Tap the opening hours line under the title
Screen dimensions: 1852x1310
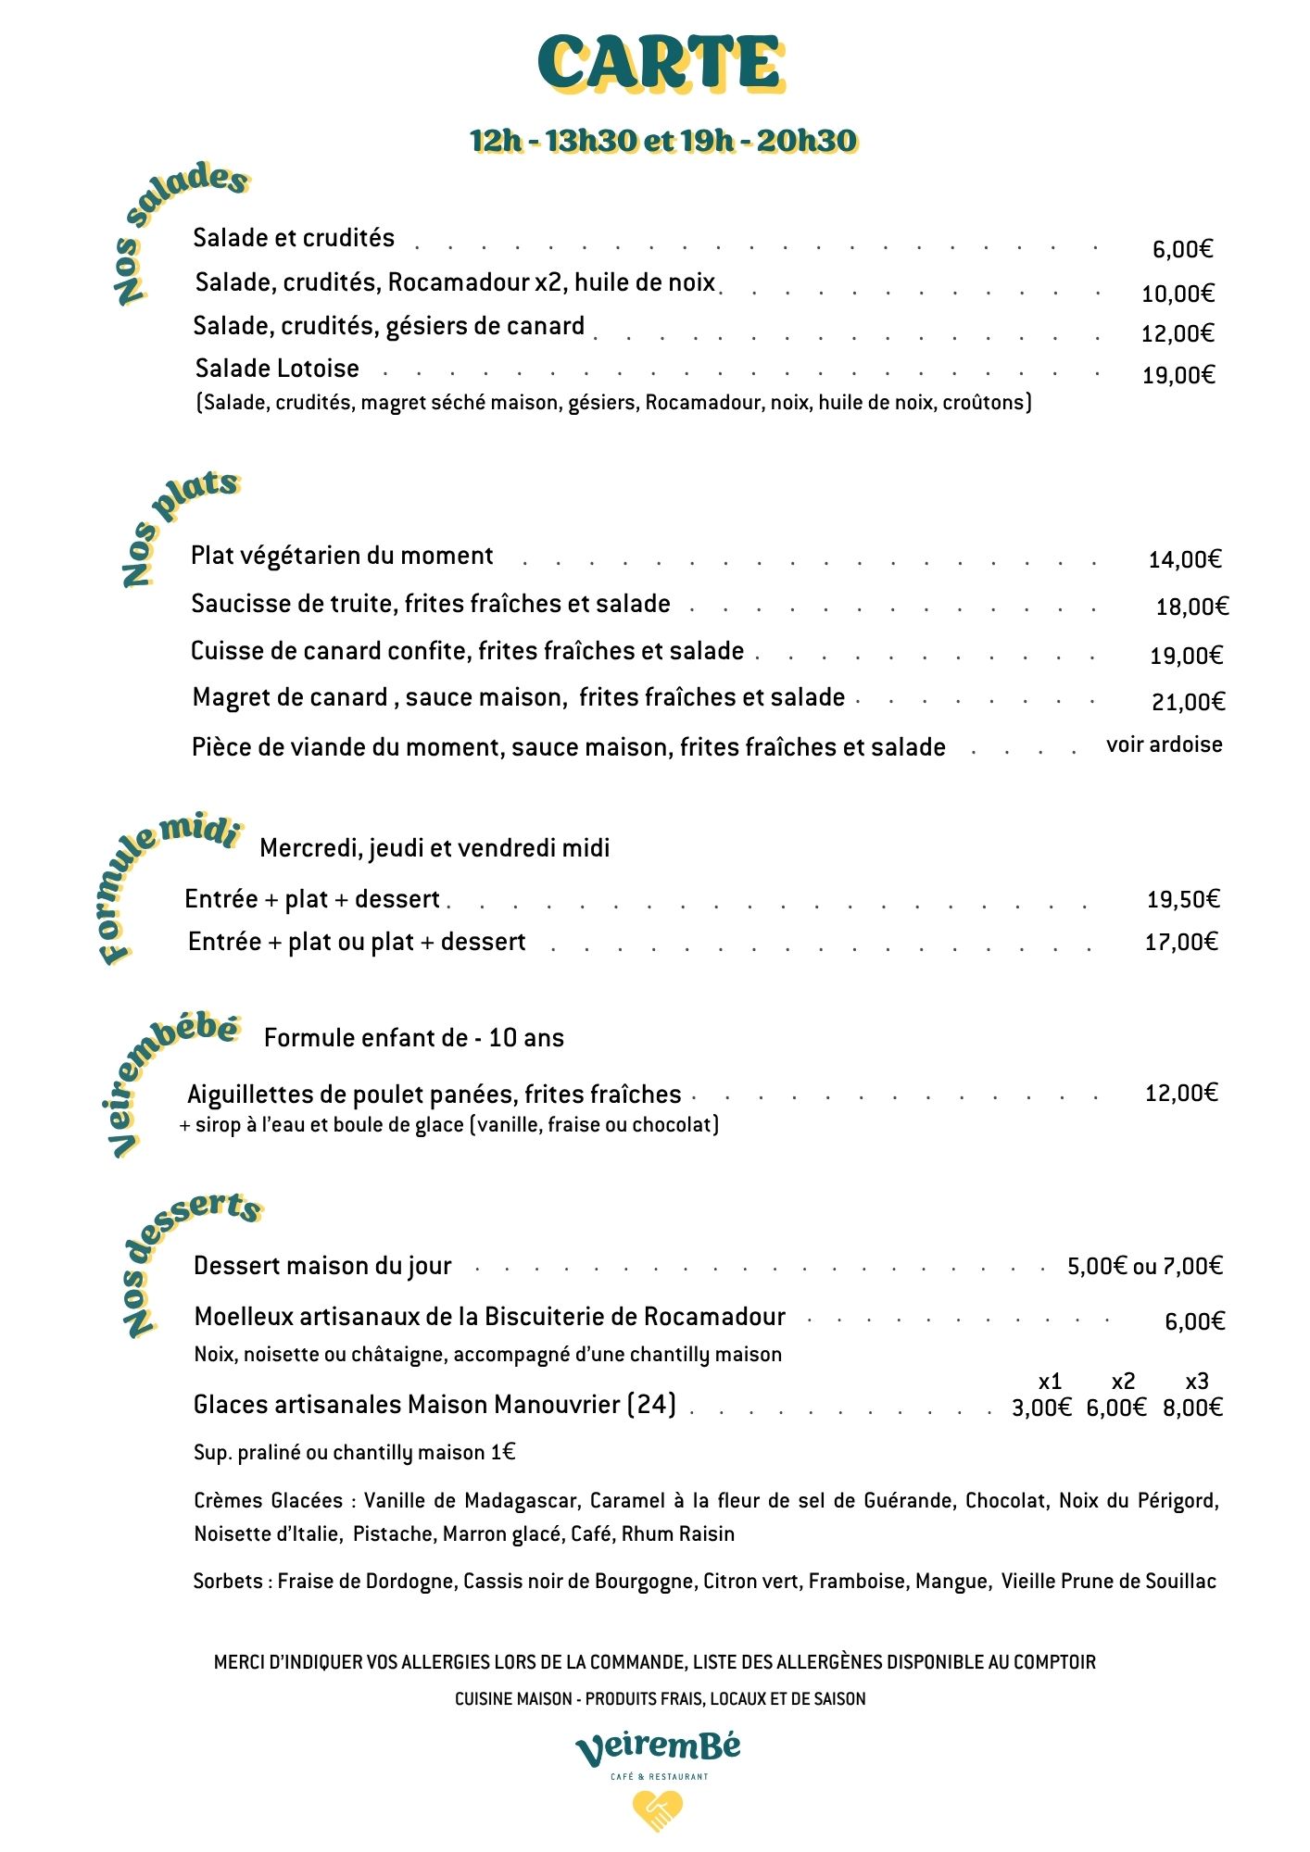pyautogui.click(x=662, y=141)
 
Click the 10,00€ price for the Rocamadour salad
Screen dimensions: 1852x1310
pyautogui.click(x=1178, y=294)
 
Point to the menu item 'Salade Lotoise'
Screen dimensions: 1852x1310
pyautogui.click(x=277, y=369)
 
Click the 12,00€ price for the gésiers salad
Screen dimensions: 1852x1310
pyautogui.click(x=1178, y=334)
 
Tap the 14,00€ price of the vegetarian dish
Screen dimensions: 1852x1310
pyautogui.click(x=1185, y=559)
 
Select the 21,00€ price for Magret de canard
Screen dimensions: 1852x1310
pyautogui.click(x=1188, y=703)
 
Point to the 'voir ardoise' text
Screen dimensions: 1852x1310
pyautogui.click(x=1164, y=745)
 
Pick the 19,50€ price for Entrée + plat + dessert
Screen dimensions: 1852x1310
pyautogui.click(x=1183, y=899)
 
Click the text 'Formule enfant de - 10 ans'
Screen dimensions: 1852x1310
pyautogui.click(x=413, y=1038)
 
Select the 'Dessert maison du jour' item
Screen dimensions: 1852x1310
pyautogui.click(x=322, y=1266)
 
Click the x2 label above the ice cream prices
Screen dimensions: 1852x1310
pyautogui.click(x=1123, y=1383)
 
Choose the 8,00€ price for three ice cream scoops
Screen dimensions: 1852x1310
pyautogui.click(x=1192, y=1408)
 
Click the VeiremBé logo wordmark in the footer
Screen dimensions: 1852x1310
pyautogui.click(x=658, y=1748)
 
